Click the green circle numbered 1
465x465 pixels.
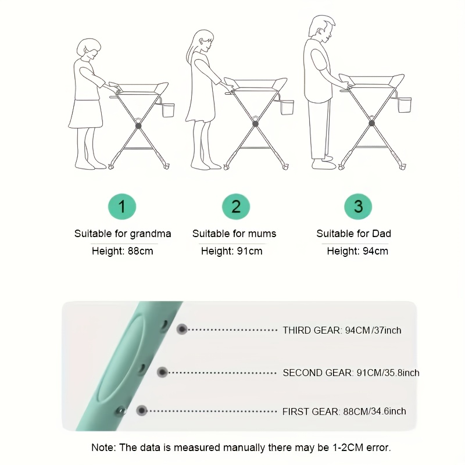[x=122, y=206]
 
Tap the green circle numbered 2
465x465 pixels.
[x=236, y=206]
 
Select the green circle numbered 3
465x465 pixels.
[x=358, y=206]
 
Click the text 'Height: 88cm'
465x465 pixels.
[x=123, y=251]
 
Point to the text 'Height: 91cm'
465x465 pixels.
[x=231, y=251]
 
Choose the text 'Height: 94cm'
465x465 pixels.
[x=357, y=251]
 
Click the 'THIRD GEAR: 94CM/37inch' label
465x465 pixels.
[x=342, y=330]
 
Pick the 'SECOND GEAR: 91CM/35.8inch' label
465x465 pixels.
[x=351, y=373]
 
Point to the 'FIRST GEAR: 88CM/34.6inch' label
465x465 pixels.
[x=344, y=412]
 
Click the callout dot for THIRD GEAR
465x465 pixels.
[x=182, y=329]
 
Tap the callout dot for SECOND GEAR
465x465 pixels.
[x=162, y=372]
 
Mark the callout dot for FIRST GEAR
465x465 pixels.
[x=142, y=411]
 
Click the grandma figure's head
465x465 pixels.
[x=89, y=49]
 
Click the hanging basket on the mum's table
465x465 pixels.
[x=287, y=107]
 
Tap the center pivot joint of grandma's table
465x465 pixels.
[x=138, y=126]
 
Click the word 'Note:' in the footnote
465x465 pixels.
[x=103, y=448]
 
